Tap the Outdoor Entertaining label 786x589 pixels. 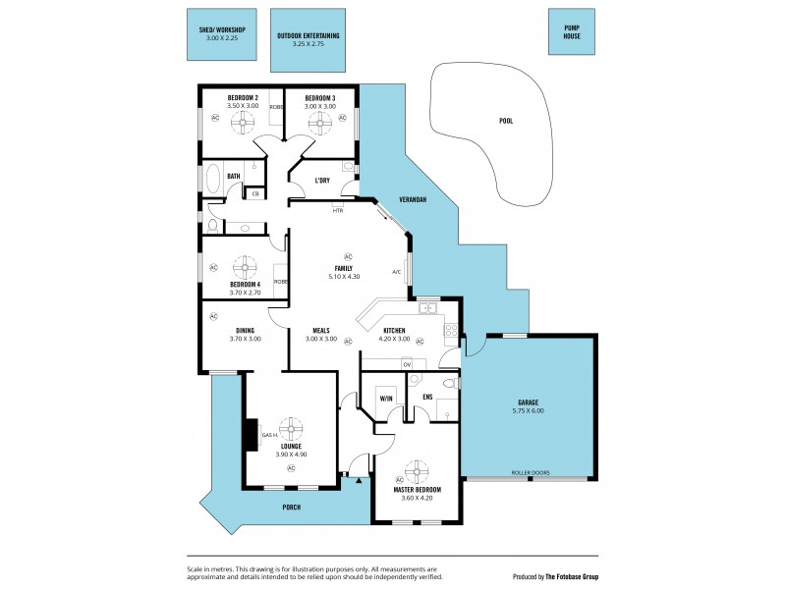point(308,36)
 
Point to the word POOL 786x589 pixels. point(505,122)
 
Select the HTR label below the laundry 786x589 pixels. point(338,210)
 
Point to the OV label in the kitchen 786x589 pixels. point(407,365)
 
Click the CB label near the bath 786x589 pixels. point(255,193)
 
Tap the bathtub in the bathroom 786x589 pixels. point(214,182)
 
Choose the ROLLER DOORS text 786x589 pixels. point(530,472)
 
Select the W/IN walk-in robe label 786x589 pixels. point(385,398)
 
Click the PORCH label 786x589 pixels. point(291,507)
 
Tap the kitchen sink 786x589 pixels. point(428,308)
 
